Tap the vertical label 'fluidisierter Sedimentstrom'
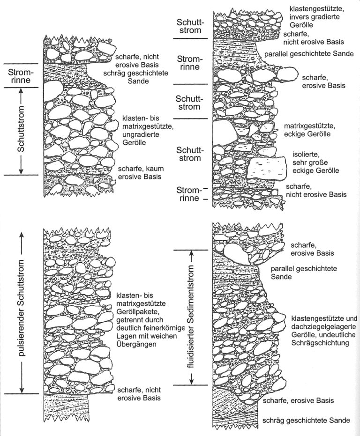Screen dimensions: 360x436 click(x=191, y=317)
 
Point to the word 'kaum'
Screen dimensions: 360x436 click(x=153, y=169)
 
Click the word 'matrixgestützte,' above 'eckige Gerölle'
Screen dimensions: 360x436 click(x=309, y=126)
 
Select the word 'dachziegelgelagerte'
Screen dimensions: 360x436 click(x=324, y=326)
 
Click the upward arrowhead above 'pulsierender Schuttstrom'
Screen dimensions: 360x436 click(x=22, y=235)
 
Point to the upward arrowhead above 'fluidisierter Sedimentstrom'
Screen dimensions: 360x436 click(x=191, y=254)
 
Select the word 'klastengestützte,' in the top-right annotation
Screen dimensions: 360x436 click(x=317, y=8)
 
